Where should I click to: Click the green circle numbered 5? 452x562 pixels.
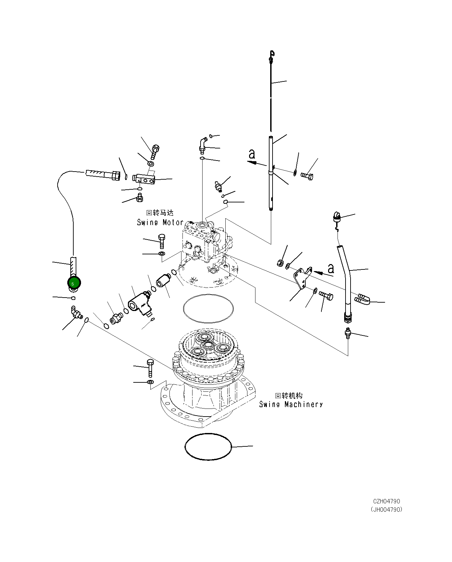74,283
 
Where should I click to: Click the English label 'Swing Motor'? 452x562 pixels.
160,222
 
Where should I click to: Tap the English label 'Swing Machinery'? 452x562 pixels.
291,404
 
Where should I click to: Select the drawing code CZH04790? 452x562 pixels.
386,501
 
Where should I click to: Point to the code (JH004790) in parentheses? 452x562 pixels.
386,509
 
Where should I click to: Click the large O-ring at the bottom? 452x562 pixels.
208,447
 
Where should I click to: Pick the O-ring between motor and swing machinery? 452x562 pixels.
208,308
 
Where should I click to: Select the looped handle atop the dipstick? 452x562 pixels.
272,54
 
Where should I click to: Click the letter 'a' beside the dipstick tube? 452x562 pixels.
252,154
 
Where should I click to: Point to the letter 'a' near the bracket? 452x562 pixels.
331,268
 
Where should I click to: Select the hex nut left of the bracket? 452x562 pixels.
280,263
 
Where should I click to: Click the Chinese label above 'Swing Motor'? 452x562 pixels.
160,213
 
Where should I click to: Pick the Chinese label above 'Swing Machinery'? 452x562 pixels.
288,395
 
